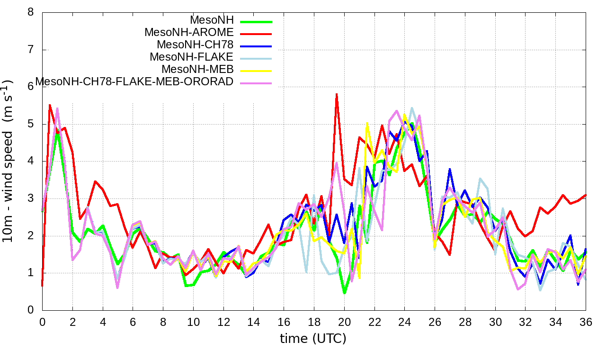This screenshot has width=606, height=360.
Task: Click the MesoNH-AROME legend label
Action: tap(189, 33)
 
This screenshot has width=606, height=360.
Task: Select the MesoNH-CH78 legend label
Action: tap(195, 45)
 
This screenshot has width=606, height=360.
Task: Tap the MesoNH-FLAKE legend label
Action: tap(191, 57)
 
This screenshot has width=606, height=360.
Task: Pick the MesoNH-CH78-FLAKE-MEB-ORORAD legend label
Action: tap(134, 82)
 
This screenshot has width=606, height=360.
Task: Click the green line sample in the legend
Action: tap(256, 21)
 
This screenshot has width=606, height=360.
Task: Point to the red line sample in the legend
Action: tap(256, 34)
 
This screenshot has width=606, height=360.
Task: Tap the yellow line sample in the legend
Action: tap(256, 71)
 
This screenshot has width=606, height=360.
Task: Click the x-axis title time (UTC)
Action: tap(313, 339)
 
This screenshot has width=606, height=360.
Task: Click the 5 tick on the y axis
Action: tap(31, 124)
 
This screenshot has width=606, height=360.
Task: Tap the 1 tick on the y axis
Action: tap(31, 273)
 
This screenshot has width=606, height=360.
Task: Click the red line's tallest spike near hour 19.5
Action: tap(337, 94)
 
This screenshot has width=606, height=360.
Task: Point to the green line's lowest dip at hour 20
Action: tap(344, 293)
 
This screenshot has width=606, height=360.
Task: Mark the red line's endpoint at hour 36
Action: tap(586, 195)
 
